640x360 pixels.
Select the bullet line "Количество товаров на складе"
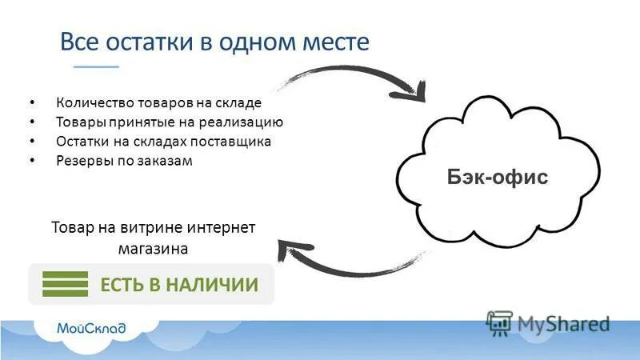[159, 102]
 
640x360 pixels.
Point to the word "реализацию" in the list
[244, 122]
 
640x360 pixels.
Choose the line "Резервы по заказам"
[125, 161]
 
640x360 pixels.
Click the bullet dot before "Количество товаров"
[31, 103]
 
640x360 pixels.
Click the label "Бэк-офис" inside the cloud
[497, 177]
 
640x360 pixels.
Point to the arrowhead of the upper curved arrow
[417, 94]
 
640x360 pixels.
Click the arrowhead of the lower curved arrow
[286, 250]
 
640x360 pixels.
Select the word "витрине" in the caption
[153, 227]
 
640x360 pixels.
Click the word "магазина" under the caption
[153, 249]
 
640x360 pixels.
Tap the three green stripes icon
[65, 284]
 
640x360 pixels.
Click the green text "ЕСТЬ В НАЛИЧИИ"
[178, 285]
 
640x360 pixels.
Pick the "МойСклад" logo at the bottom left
[90, 327]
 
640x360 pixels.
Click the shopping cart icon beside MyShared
[499, 323]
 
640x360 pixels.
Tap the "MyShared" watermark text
[563, 324]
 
